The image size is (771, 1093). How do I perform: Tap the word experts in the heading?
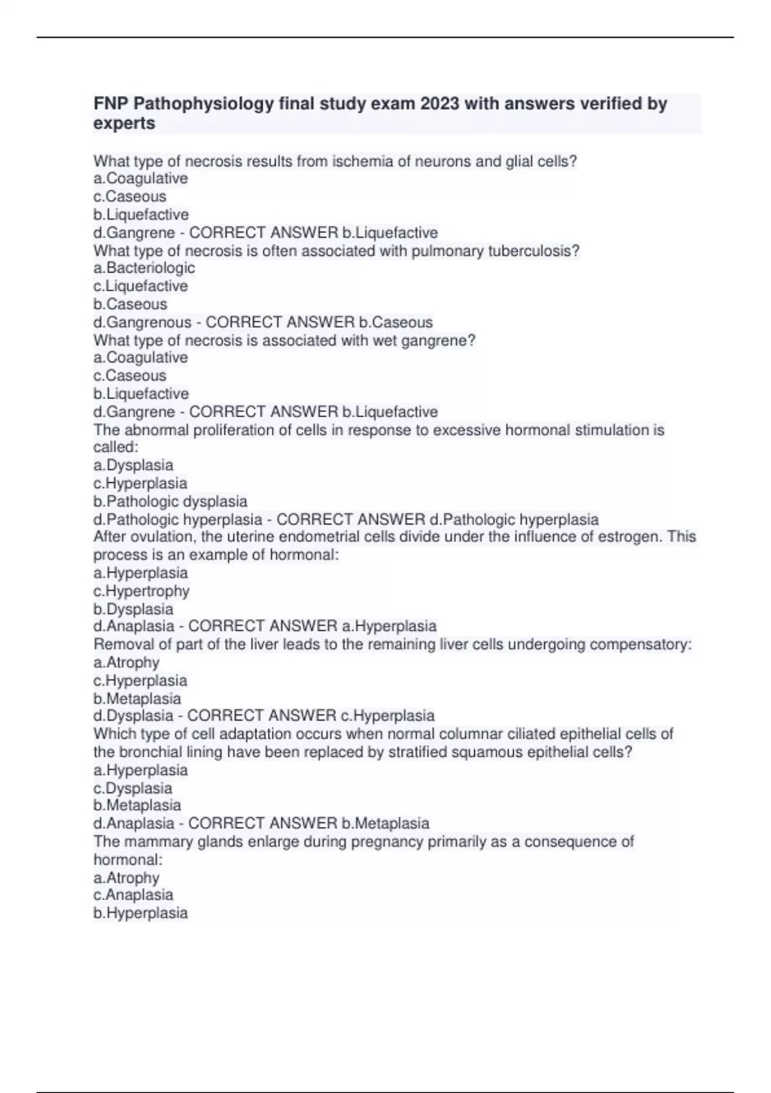pyautogui.click(x=124, y=123)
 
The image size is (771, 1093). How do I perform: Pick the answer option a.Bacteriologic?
pyautogui.click(x=144, y=268)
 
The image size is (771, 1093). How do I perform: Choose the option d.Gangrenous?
pyautogui.click(x=143, y=322)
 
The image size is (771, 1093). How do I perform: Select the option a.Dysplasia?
pyautogui.click(x=133, y=465)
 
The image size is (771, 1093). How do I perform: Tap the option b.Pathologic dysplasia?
pyautogui.click(x=170, y=501)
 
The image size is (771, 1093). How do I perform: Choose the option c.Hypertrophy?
pyautogui.click(x=141, y=591)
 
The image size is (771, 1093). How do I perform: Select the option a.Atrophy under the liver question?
pyautogui.click(x=126, y=662)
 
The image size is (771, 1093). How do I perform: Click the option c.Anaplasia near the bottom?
pyautogui.click(x=133, y=895)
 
